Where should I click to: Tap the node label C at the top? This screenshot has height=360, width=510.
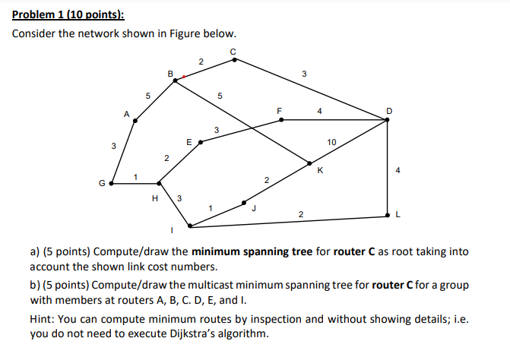233,51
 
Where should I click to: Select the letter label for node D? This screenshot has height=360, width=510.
389,111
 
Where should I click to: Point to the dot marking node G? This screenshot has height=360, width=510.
112,183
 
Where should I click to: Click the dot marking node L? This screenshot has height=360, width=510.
388,216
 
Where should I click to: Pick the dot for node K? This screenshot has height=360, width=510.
309,163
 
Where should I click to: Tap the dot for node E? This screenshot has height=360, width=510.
201,141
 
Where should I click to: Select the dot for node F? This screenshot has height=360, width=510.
280,119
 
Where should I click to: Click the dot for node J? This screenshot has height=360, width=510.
244,203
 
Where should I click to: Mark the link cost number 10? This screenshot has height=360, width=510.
331,142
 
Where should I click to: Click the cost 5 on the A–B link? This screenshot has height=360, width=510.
148,95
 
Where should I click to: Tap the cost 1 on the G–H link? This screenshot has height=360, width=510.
135,177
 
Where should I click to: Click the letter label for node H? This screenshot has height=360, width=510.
156,198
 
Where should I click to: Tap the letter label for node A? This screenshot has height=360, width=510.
126,114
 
